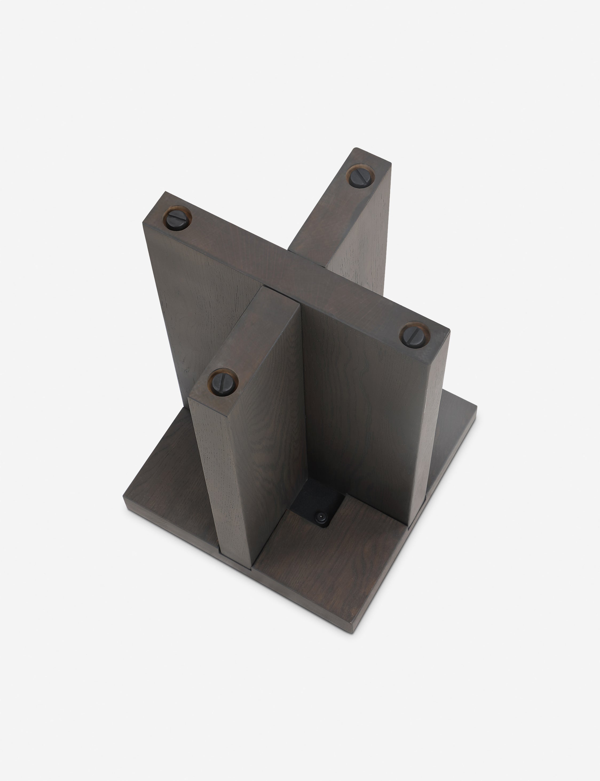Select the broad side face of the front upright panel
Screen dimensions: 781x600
(x=271, y=465)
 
